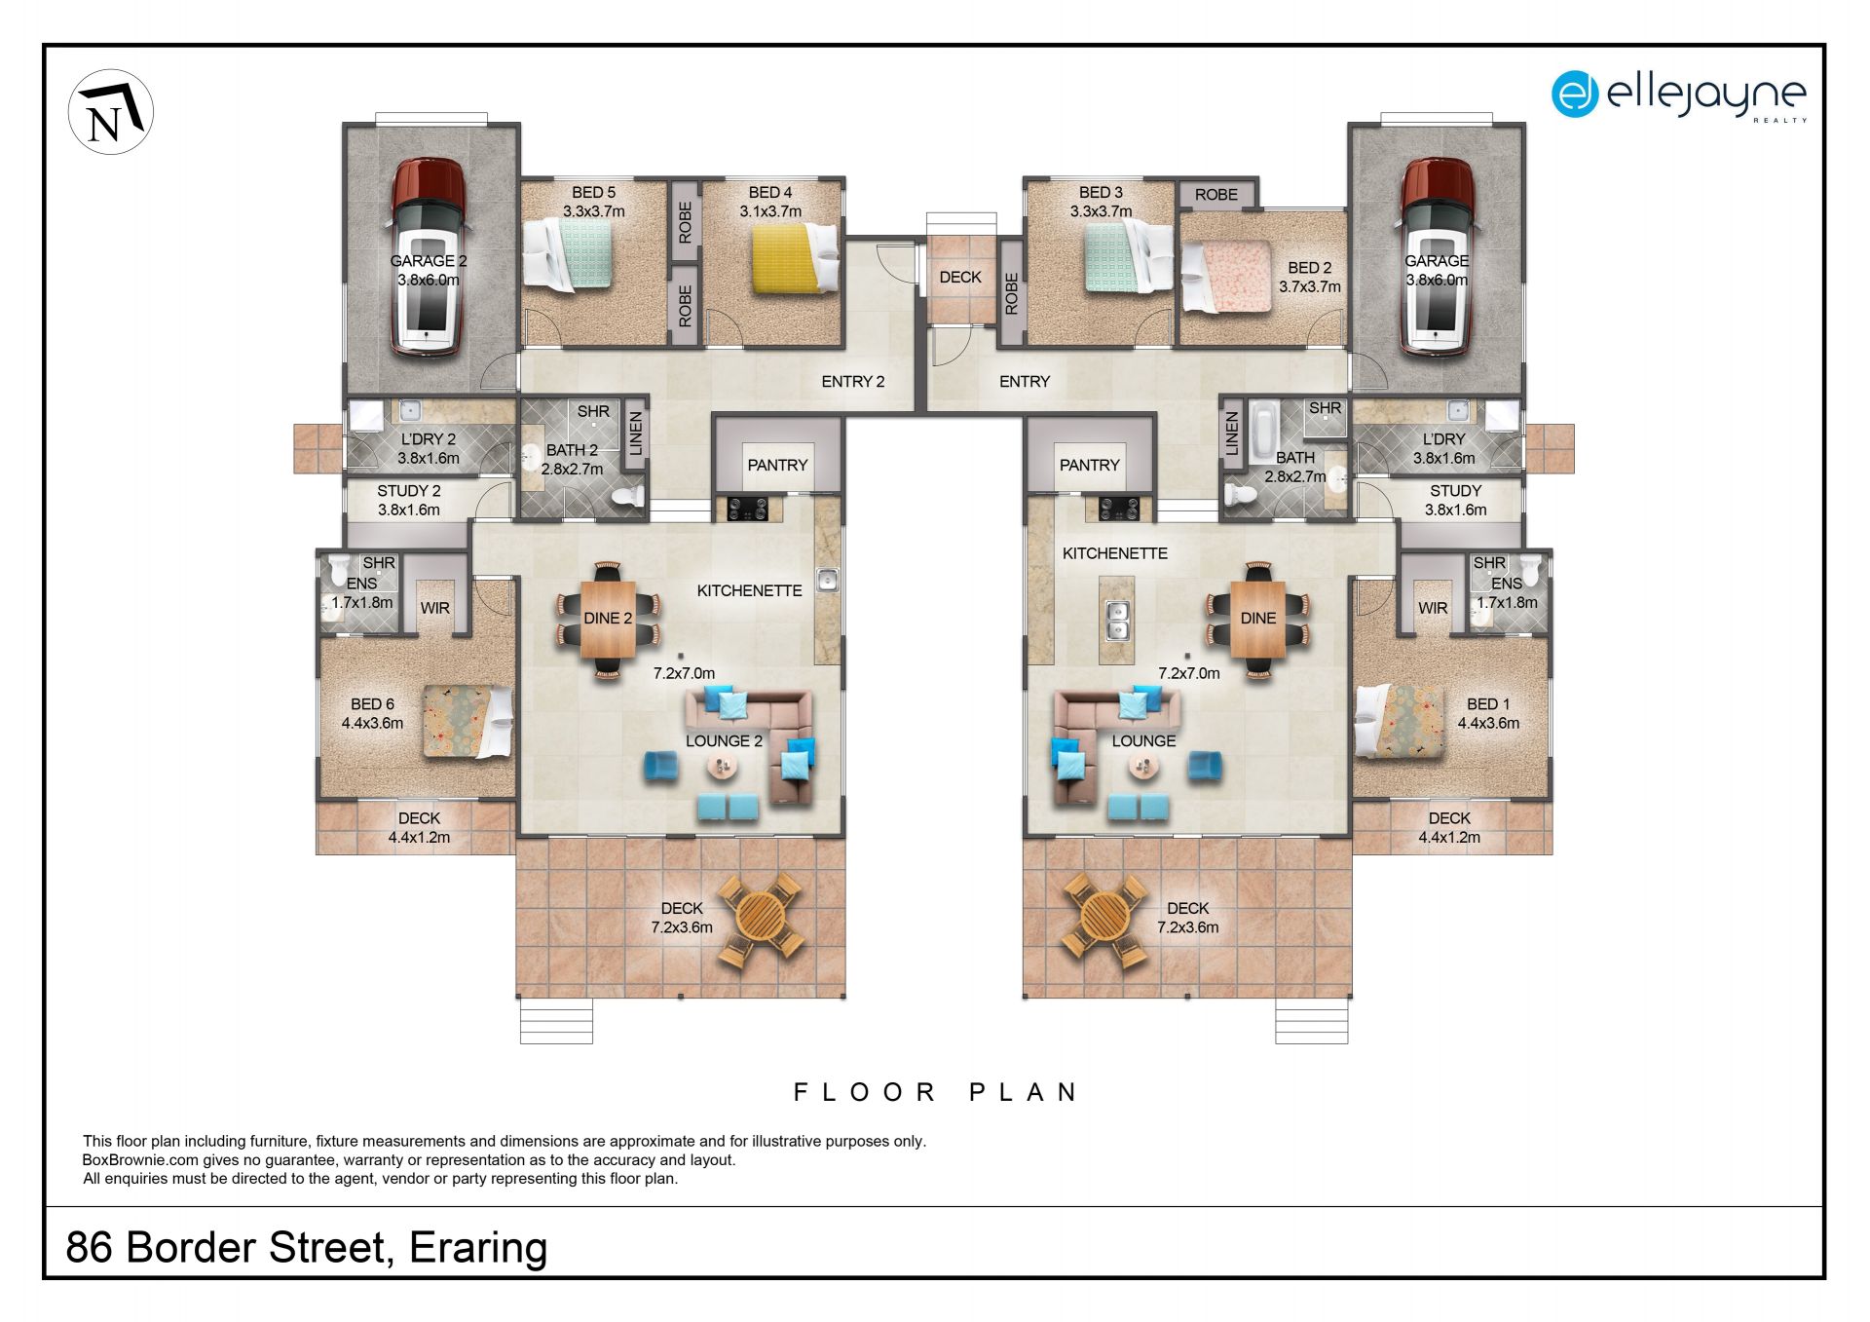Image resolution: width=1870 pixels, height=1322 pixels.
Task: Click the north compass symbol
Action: [x=110, y=112]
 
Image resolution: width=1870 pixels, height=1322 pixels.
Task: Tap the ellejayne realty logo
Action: [x=1678, y=94]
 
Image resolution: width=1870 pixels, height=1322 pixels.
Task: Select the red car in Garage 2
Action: [x=428, y=257]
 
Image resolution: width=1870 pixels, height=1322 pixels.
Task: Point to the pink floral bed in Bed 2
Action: [x=1226, y=277]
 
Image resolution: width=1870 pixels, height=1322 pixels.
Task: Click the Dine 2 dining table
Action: [x=608, y=619]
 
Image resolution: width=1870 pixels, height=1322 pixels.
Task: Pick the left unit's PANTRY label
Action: [x=777, y=466]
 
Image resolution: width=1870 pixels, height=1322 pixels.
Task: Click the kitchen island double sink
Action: [x=1118, y=621]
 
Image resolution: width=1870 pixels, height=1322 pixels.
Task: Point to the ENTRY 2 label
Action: [x=852, y=382]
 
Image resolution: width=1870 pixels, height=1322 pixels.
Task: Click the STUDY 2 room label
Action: [x=409, y=491]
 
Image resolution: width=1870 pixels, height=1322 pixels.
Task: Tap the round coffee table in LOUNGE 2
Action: [x=723, y=768]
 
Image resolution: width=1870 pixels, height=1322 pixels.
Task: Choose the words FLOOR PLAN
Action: [x=935, y=1092]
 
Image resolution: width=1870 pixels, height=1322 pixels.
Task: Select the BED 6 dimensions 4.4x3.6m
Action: [x=372, y=723]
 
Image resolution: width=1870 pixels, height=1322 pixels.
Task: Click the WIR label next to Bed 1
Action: [x=1433, y=608]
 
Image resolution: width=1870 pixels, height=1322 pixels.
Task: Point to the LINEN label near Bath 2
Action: [x=636, y=434]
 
